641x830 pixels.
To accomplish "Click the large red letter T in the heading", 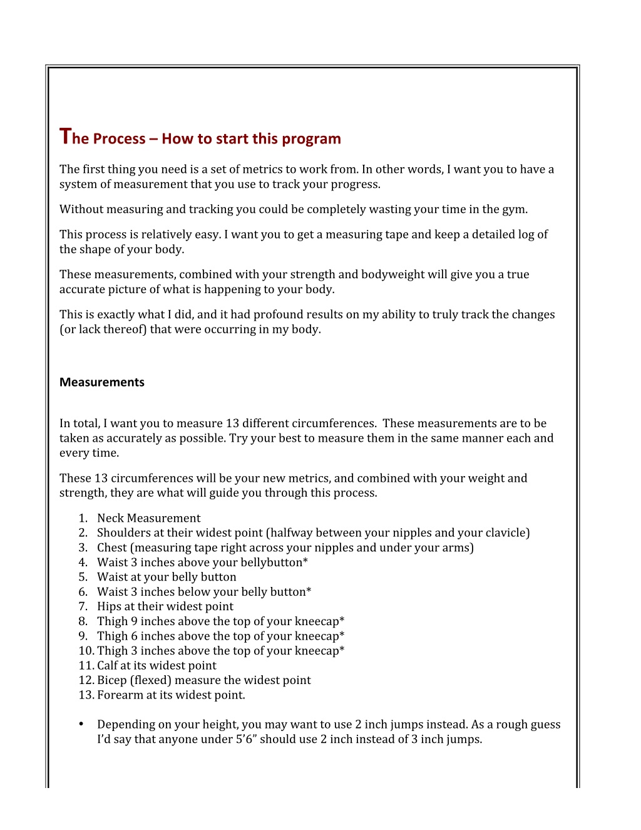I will tap(65, 136).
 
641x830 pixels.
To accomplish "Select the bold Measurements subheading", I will tap(102, 382).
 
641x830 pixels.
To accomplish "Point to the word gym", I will tap(513, 210).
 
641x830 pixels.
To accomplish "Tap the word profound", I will tap(278, 314).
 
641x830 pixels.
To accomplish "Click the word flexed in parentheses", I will tap(150, 680).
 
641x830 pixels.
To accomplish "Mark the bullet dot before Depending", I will tap(81, 724).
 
